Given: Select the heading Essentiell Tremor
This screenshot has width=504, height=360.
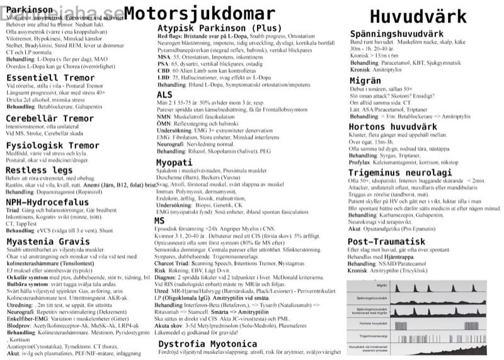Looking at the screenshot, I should (41, 78).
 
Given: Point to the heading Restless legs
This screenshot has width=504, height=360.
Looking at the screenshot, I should (36, 170).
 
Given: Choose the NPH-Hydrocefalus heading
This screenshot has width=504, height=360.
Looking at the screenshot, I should (46, 201).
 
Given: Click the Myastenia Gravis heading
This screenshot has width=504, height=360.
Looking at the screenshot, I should (43, 241).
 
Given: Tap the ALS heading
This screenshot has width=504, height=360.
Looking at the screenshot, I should (164, 94).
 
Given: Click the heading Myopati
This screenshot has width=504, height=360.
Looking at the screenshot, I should (174, 162).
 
